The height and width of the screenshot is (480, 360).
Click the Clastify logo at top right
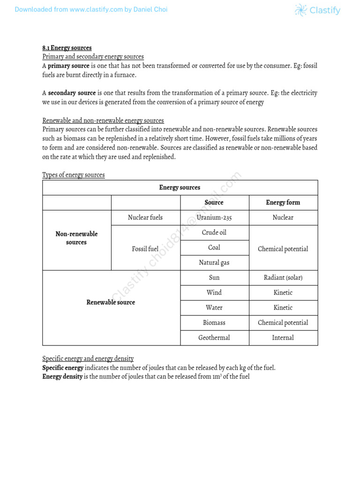pos(317,10)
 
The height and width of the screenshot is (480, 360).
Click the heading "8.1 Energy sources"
pos(67,48)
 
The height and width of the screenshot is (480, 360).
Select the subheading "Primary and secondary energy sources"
pos(93,57)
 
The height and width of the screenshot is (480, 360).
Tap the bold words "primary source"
pos(68,66)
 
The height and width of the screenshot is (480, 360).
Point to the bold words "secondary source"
pos(72,93)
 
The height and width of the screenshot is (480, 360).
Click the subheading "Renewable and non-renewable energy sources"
pos(103,120)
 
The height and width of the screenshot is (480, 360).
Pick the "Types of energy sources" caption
pos(74,175)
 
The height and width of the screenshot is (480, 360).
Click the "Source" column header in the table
pos(214,202)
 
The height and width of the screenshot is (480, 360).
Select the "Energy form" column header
pos(283,202)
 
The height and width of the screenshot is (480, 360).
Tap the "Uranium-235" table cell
pos(214,217)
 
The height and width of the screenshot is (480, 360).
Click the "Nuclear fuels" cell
pos(145,217)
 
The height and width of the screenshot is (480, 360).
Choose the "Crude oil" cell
pos(214,232)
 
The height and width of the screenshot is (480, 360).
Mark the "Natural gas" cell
pos(214,262)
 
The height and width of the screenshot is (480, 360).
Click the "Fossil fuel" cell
pos(145,249)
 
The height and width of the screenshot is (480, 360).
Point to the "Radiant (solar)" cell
pos(283,277)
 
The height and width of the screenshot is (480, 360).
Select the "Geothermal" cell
pos(214,337)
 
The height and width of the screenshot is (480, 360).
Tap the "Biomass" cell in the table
pos(214,322)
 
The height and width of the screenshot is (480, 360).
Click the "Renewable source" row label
pos(111,302)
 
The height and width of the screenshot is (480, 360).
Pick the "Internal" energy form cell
pos(283,337)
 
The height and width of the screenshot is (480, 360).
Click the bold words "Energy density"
pos(62,377)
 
